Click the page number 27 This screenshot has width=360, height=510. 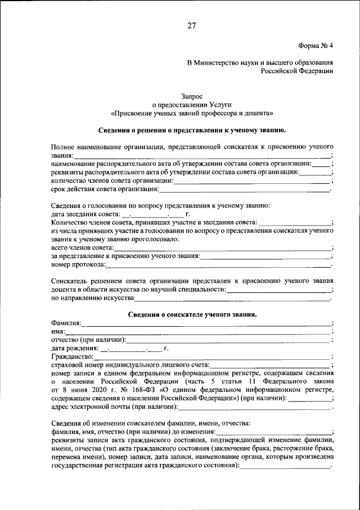[x=192, y=26]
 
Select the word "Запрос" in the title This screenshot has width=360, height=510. [x=192, y=96]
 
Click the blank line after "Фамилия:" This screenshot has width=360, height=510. [x=206, y=323]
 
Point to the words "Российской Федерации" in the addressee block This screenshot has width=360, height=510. [x=297, y=71]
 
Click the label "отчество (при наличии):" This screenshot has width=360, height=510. [x=88, y=340]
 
